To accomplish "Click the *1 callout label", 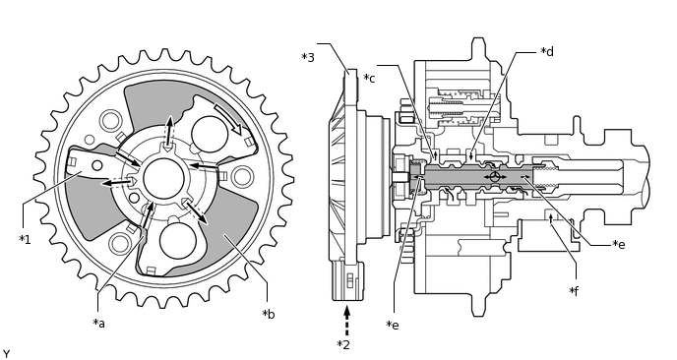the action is [x=25, y=240].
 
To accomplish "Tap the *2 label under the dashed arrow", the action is [x=343, y=345].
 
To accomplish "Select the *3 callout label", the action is [x=308, y=57].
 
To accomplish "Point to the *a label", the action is [x=98, y=323].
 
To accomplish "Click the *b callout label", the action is [x=268, y=314].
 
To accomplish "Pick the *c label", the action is [x=369, y=78].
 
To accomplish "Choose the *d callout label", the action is [x=547, y=51].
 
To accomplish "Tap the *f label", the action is [x=574, y=291].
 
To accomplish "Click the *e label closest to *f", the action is [x=619, y=244].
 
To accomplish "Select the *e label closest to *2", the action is [x=393, y=325].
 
